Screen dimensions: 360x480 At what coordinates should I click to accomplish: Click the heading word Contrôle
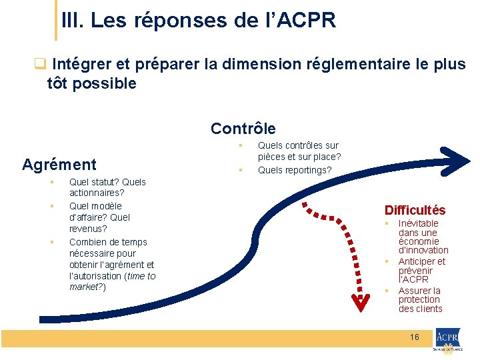(243, 128)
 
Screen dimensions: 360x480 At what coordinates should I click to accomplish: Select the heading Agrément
(59, 164)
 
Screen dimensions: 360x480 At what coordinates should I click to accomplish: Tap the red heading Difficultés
(415, 210)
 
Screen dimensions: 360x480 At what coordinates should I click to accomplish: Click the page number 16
(415, 337)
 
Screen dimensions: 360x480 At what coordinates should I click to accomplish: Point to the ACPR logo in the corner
(449, 341)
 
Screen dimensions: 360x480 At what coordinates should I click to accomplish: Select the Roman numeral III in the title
(70, 20)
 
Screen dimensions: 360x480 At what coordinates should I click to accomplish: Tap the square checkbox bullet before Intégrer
(39, 65)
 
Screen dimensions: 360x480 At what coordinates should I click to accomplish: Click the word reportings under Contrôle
(304, 170)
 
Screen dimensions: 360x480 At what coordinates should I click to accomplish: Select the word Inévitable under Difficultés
(418, 223)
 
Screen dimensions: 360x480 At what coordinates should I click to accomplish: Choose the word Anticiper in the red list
(417, 261)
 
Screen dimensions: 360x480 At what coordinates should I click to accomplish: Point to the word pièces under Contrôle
(272, 157)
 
